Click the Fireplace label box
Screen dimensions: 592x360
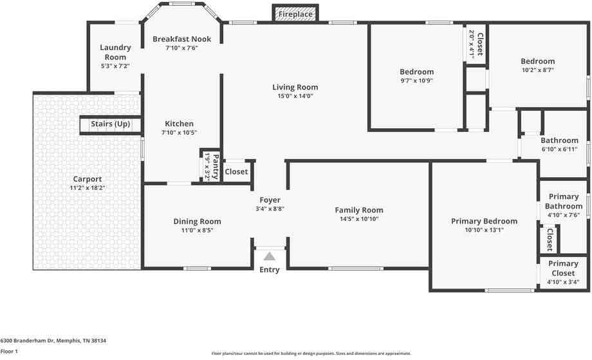(x=295, y=14)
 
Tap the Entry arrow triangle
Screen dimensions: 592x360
(x=269, y=256)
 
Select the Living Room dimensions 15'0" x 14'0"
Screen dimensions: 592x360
(x=295, y=96)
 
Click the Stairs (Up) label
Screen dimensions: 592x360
(x=110, y=124)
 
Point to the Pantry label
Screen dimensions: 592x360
(x=216, y=167)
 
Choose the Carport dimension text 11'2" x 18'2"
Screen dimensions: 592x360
(x=88, y=188)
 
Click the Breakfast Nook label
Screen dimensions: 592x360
(x=181, y=39)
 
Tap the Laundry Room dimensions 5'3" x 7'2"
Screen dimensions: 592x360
(x=115, y=66)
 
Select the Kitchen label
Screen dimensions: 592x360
(x=179, y=124)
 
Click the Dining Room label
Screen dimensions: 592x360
(x=197, y=222)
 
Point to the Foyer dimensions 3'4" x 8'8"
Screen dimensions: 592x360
(x=270, y=209)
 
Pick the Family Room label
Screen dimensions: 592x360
(x=358, y=210)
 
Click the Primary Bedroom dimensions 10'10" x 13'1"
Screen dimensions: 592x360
(x=484, y=230)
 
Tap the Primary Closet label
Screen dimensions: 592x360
(x=563, y=268)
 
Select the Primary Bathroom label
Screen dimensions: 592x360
(x=563, y=202)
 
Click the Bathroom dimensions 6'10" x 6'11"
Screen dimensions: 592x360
(x=559, y=149)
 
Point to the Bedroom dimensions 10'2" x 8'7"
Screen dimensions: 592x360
(x=538, y=70)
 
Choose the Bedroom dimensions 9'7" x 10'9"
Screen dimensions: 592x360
(x=416, y=81)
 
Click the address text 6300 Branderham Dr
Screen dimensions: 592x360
(x=28, y=341)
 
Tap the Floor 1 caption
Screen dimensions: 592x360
(x=9, y=352)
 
